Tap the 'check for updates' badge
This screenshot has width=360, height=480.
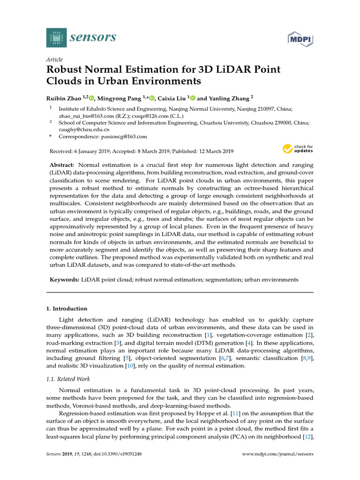[x=298, y=149]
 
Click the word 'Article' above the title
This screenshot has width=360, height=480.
[x=54, y=60]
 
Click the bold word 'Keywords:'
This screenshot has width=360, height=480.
[x=65, y=279]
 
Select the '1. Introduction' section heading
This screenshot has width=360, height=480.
[x=67, y=308]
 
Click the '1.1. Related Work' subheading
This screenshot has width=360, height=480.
[x=68, y=379]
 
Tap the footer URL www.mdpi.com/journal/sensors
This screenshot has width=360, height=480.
[x=277, y=454]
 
